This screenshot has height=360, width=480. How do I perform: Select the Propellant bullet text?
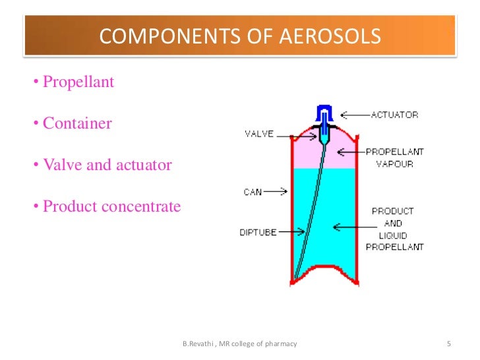[x=78, y=82]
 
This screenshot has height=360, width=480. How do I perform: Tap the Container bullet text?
[x=77, y=123]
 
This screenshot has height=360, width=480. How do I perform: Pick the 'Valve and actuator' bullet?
[x=107, y=165]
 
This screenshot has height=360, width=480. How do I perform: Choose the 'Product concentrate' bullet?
[x=111, y=206]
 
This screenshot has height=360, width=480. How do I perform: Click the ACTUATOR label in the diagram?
[x=394, y=115]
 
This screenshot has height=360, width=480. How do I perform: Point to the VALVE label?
[x=259, y=134]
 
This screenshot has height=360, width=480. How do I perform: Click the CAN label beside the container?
[x=253, y=192]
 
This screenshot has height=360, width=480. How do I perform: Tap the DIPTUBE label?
[x=258, y=232]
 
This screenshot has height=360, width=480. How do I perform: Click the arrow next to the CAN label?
[x=277, y=192]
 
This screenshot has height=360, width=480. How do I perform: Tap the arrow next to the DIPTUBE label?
[x=294, y=231]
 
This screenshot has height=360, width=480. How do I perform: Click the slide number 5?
[x=449, y=344]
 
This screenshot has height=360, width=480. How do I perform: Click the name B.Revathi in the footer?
[x=198, y=344]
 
